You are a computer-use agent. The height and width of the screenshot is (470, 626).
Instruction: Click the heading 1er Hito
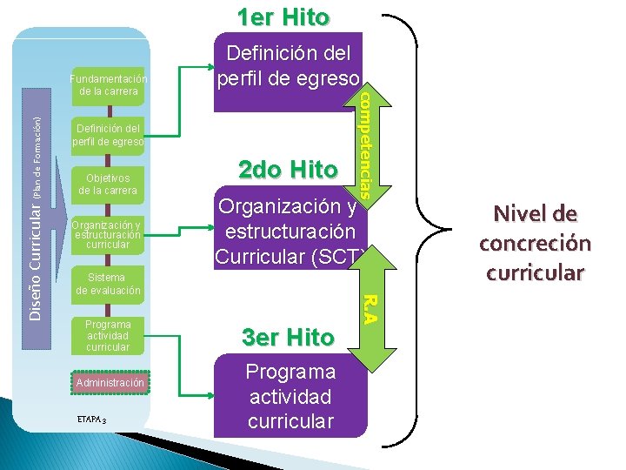coord(283,17)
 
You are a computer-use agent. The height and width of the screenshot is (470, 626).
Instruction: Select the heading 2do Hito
coord(283,169)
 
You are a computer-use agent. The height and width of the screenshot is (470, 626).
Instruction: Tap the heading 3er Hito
coord(287,337)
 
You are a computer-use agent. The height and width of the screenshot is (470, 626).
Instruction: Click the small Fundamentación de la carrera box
coord(108,84)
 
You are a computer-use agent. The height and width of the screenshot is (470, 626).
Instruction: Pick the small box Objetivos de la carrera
coord(108,184)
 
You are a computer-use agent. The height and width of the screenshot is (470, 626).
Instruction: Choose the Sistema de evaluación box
coord(108,284)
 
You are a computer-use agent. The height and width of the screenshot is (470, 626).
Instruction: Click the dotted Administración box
coord(109,383)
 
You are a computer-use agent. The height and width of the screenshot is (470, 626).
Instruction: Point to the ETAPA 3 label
coord(91,420)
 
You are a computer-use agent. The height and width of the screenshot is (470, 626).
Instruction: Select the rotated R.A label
coord(368,307)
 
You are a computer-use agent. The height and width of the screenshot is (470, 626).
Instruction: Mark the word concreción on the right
coord(535,243)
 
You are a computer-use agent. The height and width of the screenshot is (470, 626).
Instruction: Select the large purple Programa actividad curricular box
coord(290,396)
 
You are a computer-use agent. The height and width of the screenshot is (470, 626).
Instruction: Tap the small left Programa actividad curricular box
coord(108,335)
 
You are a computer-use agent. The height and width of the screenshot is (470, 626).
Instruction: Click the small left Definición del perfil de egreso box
coord(108,135)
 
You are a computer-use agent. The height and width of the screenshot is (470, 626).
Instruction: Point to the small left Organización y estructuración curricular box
coord(108,234)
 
